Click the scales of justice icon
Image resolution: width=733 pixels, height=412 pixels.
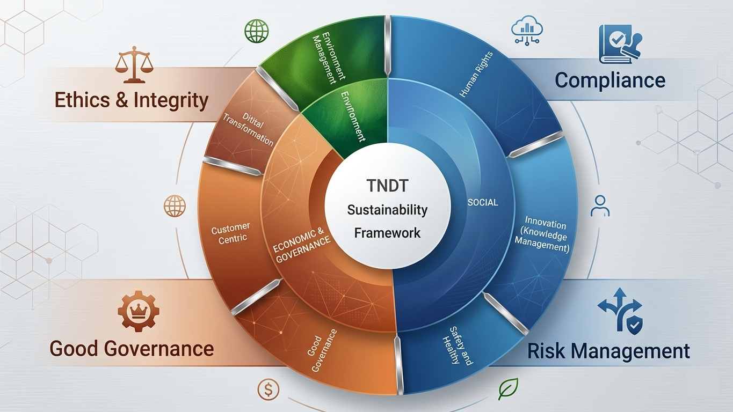pos(134,64)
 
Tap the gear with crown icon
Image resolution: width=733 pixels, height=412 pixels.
pos(139,309)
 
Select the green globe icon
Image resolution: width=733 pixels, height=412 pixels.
pos(257,31)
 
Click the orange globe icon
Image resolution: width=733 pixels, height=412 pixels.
pos(175,206)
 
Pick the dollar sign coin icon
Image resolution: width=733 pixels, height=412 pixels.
pos(268,389)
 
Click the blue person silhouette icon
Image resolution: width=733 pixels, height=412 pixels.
pos(600,205)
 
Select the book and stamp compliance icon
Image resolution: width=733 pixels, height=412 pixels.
pos(620,45)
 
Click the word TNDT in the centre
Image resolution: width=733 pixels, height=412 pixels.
pos(388,186)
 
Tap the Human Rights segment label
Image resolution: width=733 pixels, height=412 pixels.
pos(476,75)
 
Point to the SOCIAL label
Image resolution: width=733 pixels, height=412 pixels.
pos(483,203)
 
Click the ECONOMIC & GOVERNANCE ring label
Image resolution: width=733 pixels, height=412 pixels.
pos(301,245)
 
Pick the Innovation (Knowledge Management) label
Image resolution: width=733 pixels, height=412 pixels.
pos(542,234)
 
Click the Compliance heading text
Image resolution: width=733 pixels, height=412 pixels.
pos(610,80)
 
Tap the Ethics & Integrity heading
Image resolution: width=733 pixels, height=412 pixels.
pos(131,100)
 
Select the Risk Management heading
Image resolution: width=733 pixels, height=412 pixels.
pos(608,351)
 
